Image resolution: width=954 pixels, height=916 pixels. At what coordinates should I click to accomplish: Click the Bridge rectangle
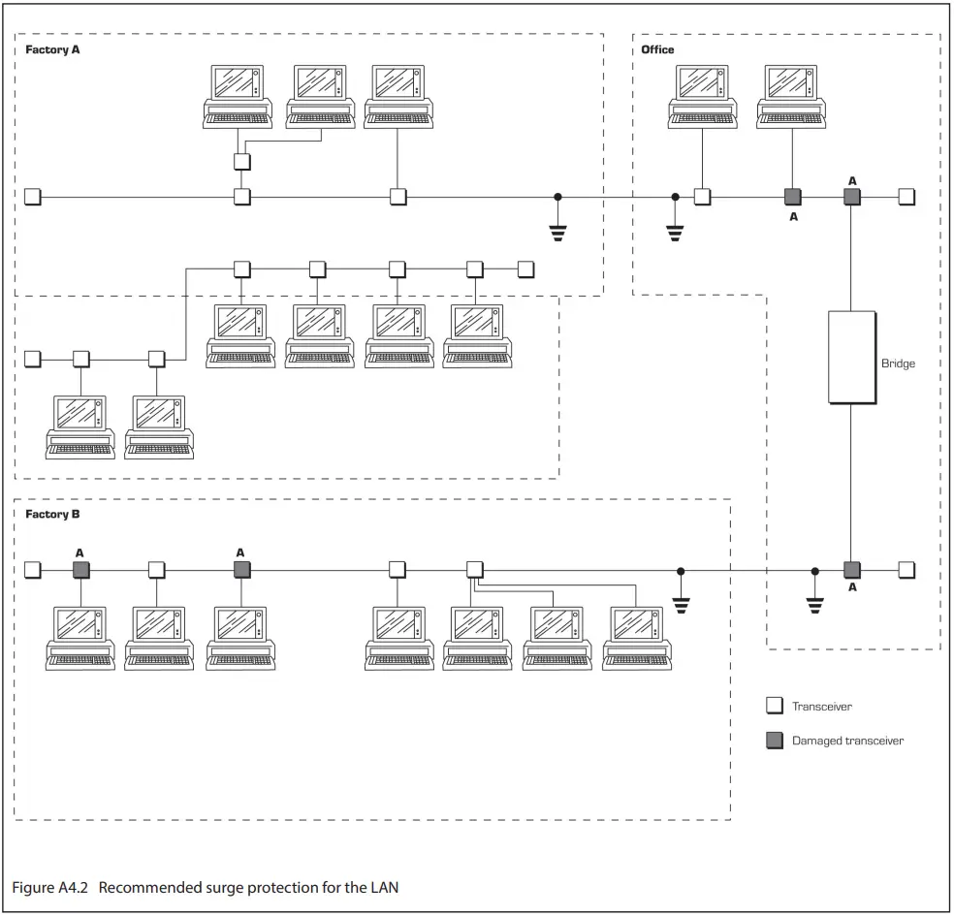tap(852, 358)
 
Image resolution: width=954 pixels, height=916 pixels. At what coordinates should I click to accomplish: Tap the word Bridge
tap(898, 363)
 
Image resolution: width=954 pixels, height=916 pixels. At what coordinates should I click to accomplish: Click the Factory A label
tap(52, 49)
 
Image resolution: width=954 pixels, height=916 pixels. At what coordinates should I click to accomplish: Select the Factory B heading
tap(52, 514)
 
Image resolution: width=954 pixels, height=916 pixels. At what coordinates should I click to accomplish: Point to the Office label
tap(657, 49)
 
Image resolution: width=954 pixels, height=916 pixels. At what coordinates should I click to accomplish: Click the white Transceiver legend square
tap(775, 706)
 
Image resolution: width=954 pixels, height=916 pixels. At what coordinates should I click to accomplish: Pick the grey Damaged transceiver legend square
tap(775, 741)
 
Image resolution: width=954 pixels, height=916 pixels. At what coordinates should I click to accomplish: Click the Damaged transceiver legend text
tap(847, 741)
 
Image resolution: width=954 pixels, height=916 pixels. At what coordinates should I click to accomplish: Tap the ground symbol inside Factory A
tap(557, 219)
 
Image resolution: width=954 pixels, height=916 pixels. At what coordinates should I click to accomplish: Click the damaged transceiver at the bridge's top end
tap(852, 197)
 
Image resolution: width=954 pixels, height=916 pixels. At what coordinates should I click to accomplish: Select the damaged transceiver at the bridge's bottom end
tap(852, 570)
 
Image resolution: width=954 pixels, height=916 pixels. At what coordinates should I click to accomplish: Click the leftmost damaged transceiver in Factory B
tap(80, 570)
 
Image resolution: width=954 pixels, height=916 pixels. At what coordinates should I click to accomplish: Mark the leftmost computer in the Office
tap(703, 97)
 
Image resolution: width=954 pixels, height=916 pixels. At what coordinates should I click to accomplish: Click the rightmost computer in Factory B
tap(637, 639)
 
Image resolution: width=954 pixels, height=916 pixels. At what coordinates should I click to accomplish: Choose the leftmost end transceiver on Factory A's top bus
tap(32, 197)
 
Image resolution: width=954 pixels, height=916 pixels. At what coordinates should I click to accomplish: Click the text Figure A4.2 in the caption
tap(49, 888)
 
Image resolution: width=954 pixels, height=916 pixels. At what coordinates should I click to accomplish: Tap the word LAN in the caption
tap(385, 888)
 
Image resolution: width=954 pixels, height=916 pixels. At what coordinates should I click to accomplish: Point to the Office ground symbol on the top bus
tap(675, 219)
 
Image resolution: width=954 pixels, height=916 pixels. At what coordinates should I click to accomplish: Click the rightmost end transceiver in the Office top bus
tap(906, 197)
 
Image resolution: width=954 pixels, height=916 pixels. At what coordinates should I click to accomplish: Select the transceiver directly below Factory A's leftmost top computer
tap(242, 161)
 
